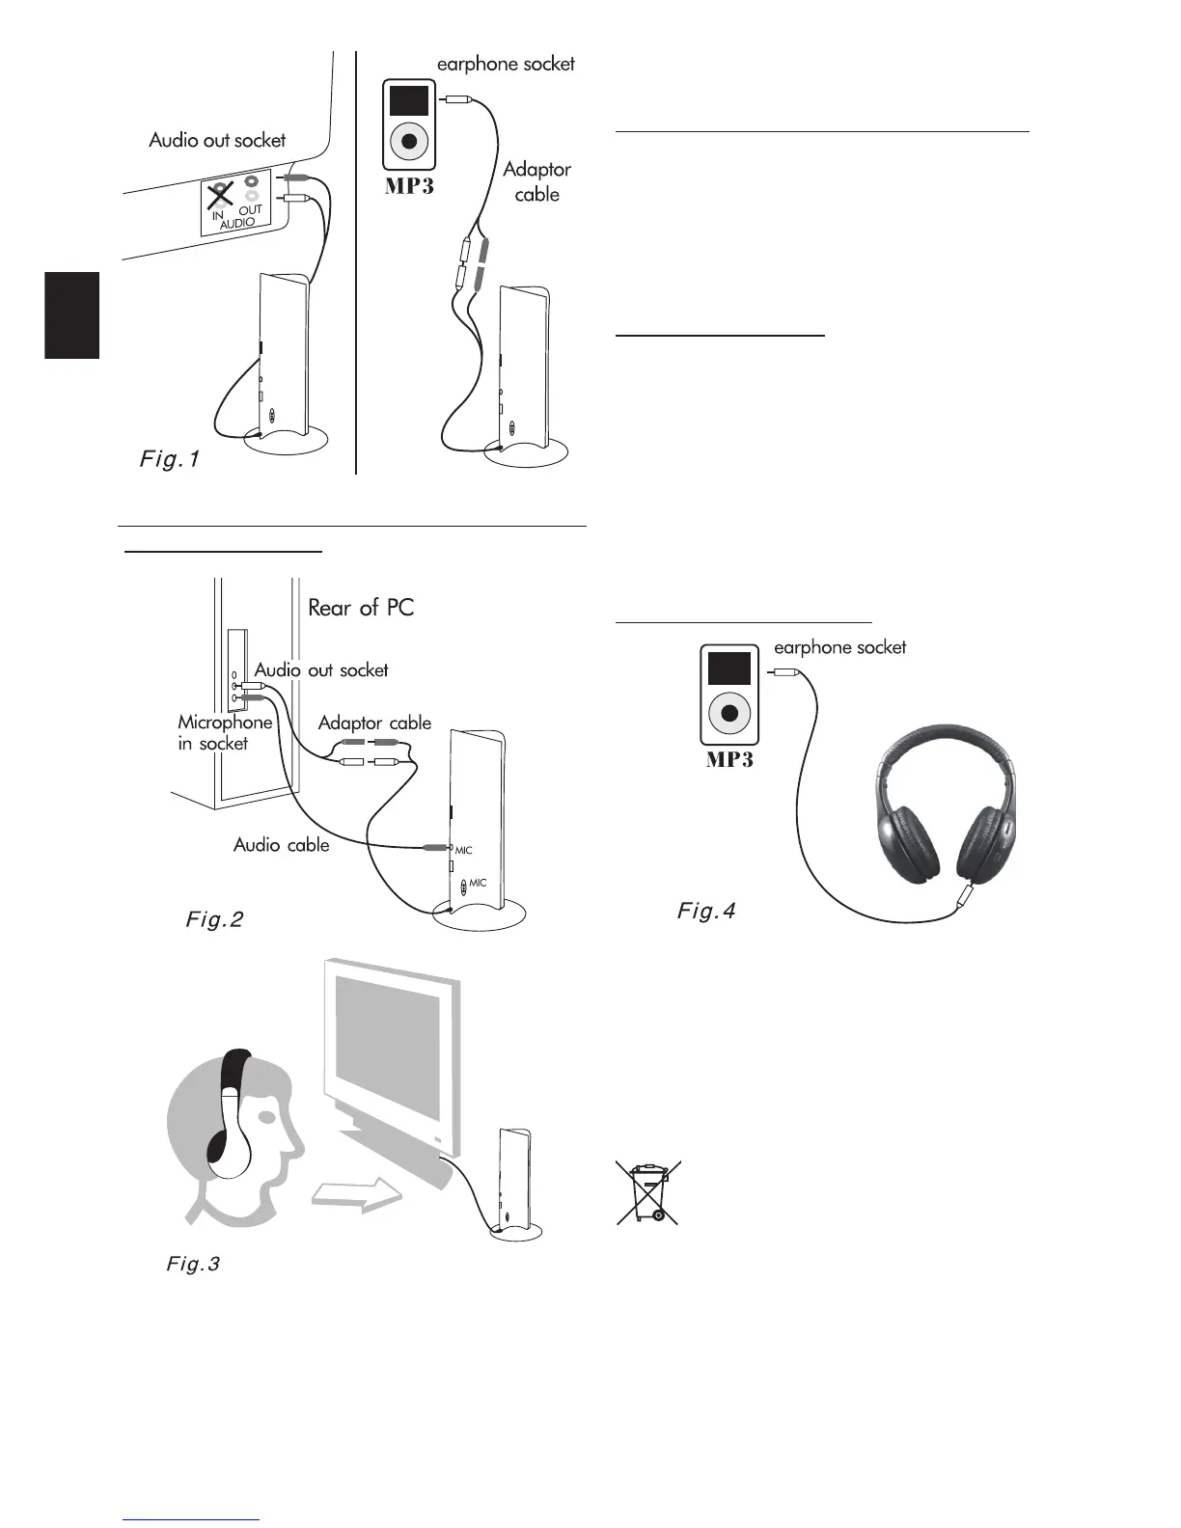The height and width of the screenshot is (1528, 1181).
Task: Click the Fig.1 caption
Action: coord(170,459)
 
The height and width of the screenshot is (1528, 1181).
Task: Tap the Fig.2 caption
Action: coord(214,919)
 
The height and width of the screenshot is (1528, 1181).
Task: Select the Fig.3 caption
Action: coord(193,1264)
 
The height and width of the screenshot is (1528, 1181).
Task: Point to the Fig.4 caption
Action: coord(706,911)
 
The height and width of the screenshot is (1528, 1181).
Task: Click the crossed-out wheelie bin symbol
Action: coord(648,1192)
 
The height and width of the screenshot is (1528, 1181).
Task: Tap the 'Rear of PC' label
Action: coord(361,608)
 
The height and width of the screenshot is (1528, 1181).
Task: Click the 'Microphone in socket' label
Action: coord(224,733)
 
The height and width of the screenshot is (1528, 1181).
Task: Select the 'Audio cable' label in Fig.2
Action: coord(281,845)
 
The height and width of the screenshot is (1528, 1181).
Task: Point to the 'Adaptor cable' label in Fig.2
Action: coord(374,723)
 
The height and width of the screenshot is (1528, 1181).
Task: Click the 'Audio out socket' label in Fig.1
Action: coord(217,140)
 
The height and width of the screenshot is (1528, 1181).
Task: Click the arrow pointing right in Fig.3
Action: coord(357,1195)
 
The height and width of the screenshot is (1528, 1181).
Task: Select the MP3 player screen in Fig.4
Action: coord(728,668)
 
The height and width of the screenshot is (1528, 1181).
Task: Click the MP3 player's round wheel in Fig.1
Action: coord(409,141)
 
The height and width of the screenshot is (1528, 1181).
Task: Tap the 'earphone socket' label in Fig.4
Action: coord(839,647)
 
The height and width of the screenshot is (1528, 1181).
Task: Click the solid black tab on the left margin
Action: coord(72,315)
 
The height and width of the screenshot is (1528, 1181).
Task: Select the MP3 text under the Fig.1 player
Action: coord(409,185)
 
